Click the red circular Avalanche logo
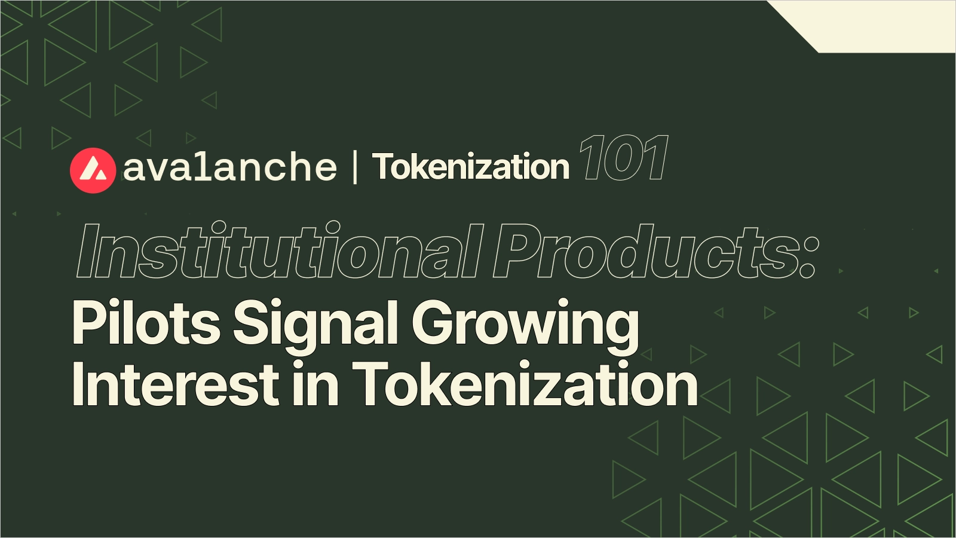(x=93, y=170)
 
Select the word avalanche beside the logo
(x=230, y=167)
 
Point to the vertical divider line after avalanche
(x=356, y=167)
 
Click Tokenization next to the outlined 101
(x=471, y=167)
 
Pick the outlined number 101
(x=623, y=158)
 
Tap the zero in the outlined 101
(x=623, y=158)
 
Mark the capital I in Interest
(x=77, y=384)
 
